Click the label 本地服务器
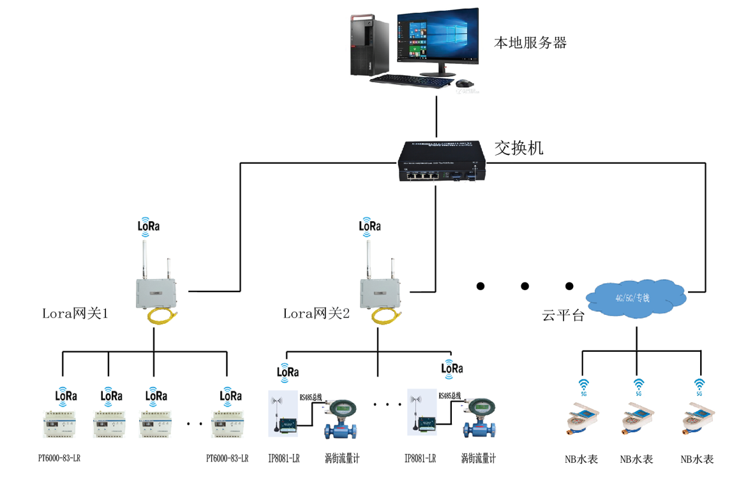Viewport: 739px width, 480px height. tap(530, 43)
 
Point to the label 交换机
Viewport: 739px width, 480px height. tap(519, 149)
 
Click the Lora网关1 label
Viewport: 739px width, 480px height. tap(75, 314)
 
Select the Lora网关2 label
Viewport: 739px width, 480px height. tap(317, 314)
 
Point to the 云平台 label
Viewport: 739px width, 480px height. tap(564, 315)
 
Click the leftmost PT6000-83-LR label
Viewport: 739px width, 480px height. tap(59, 458)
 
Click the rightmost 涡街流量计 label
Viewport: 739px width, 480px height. tap(478, 458)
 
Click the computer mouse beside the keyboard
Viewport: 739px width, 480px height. tap(464, 83)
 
